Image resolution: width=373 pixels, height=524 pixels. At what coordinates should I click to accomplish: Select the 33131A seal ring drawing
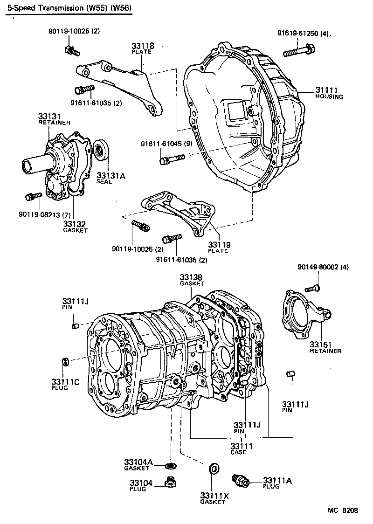[x=100, y=150]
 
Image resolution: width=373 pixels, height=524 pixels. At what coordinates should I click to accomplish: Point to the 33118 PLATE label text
[x=142, y=48]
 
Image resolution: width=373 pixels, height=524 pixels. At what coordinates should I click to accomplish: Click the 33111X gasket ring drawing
[x=214, y=469]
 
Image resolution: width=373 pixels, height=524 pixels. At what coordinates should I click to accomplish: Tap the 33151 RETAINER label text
[x=325, y=347]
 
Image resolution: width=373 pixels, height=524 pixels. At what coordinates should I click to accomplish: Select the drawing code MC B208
[x=343, y=510]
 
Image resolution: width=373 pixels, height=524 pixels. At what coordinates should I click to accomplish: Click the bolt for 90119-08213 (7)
[x=33, y=196]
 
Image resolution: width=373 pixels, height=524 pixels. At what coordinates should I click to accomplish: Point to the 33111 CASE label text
[x=242, y=449]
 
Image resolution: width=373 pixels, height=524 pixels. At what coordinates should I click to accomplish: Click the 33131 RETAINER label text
[x=54, y=119]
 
